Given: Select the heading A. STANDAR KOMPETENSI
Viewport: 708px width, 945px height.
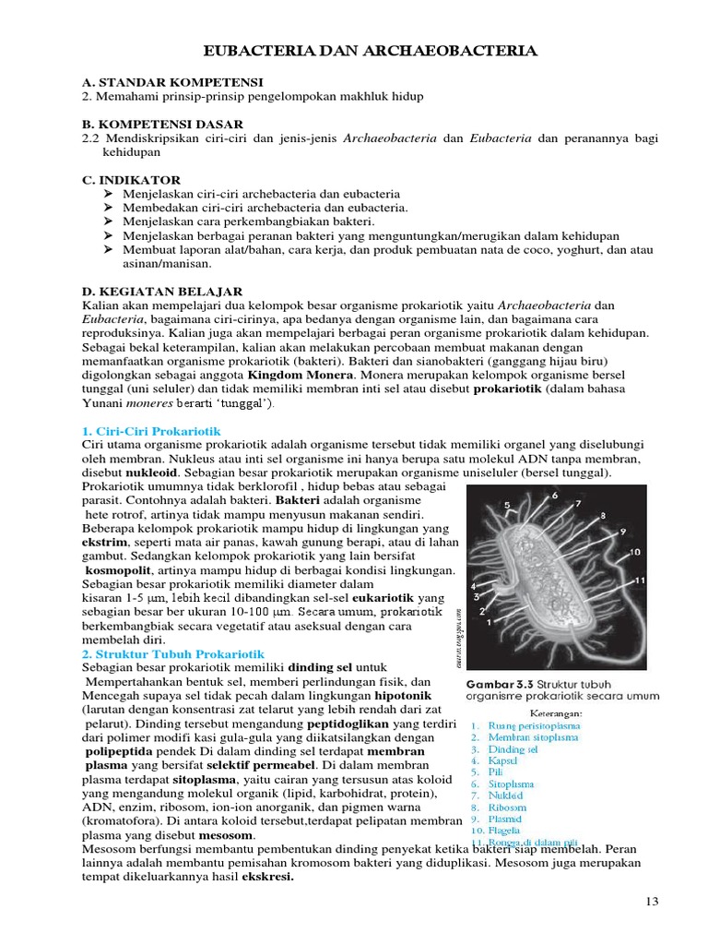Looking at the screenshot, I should [172, 82].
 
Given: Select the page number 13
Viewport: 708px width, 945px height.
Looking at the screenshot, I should [653, 902].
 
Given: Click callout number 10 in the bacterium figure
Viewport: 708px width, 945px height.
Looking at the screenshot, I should [635, 552].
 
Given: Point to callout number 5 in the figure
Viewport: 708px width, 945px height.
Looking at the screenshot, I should [506, 505].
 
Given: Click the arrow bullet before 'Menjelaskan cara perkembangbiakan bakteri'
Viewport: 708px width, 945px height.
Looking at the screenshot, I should [109, 221].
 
